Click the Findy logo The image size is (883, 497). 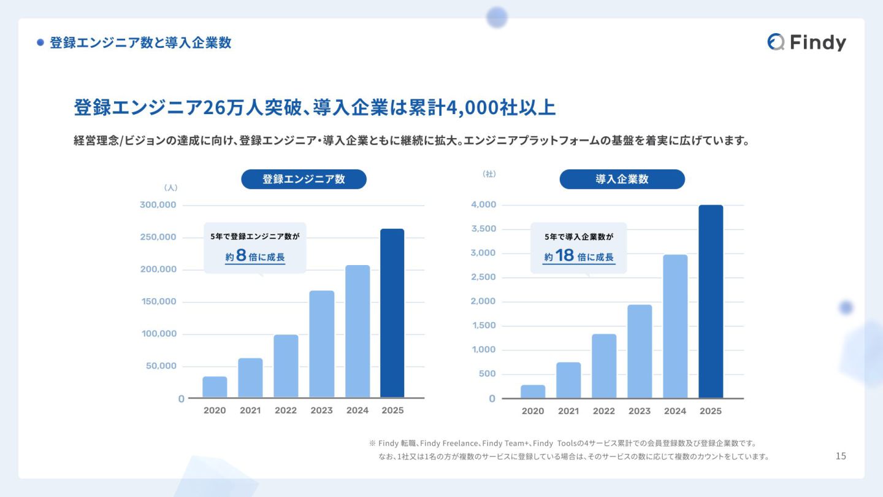(x=806, y=42)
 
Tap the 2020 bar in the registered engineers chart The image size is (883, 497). (x=215, y=387)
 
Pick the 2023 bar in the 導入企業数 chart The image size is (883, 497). (x=640, y=352)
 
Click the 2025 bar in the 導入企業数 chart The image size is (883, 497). (x=711, y=301)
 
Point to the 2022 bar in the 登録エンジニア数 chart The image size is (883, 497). (x=286, y=366)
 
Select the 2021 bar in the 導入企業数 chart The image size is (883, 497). (x=568, y=380)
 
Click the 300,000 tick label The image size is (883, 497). (x=158, y=205)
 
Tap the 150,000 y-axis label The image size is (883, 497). (x=158, y=302)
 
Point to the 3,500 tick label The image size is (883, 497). (x=483, y=229)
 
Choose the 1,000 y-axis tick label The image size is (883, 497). (x=483, y=350)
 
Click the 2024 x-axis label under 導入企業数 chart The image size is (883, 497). (x=675, y=411)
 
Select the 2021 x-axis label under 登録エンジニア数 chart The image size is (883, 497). (x=250, y=410)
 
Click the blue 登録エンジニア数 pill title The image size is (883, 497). (x=304, y=179)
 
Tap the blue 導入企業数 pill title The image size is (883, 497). (x=622, y=179)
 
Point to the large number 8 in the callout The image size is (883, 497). (x=241, y=256)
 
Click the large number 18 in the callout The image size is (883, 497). (x=565, y=256)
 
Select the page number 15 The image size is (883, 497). (x=841, y=456)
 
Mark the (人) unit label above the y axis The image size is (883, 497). (x=170, y=188)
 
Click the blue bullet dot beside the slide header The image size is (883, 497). (x=40, y=43)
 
